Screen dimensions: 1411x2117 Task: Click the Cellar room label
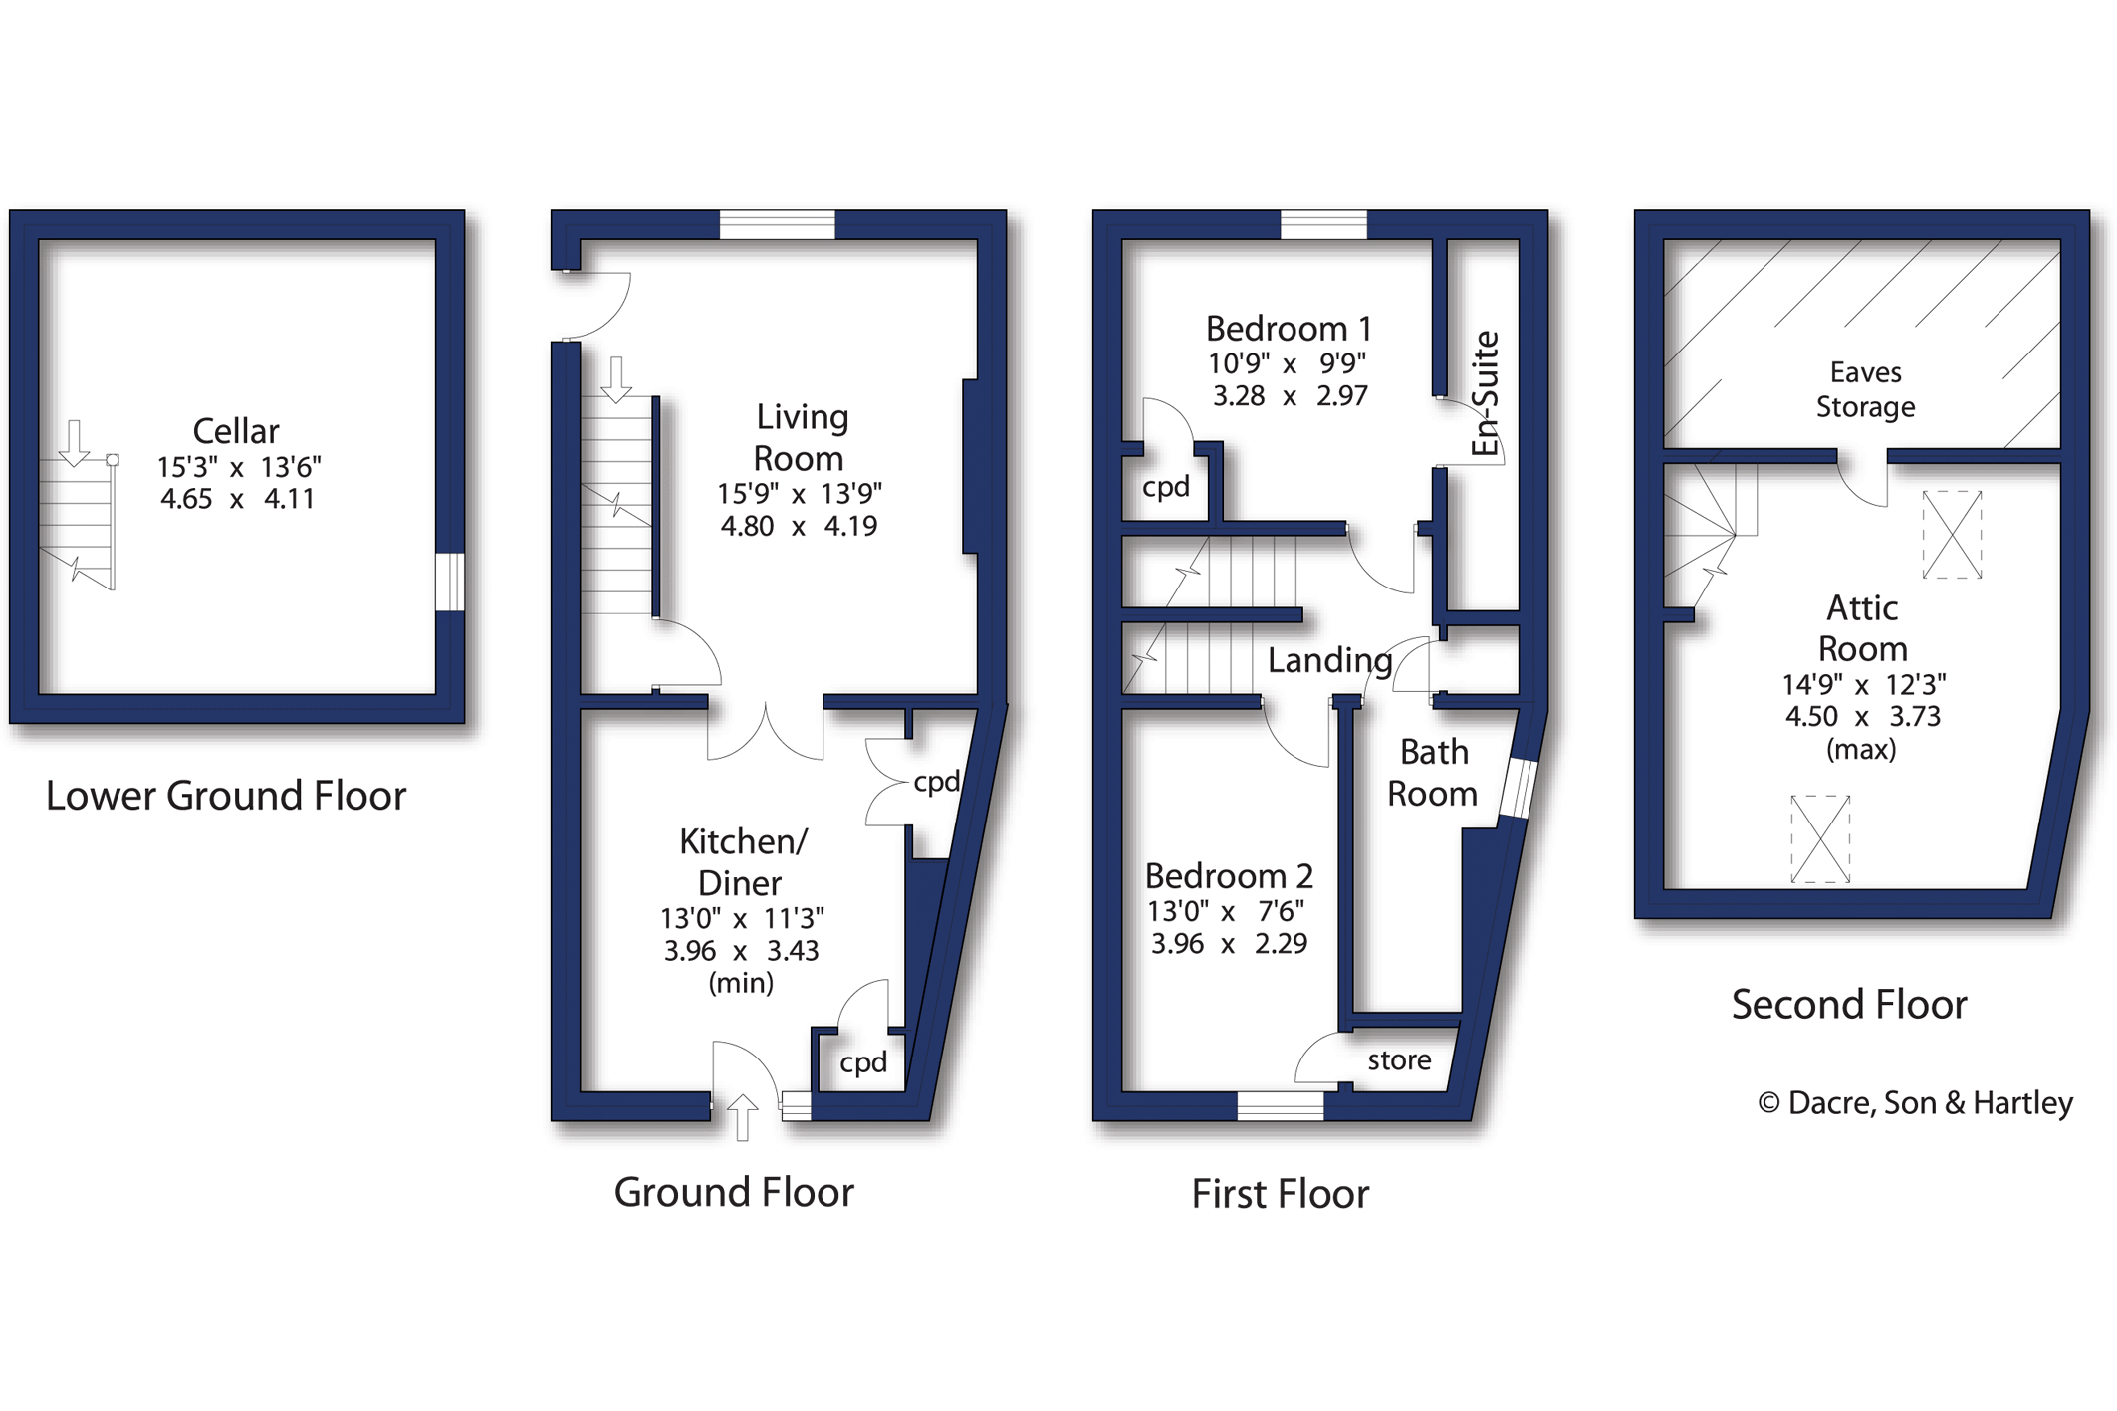(235, 431)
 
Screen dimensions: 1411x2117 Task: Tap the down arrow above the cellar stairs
(74, 443)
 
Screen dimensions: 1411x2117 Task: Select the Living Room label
(800, 437)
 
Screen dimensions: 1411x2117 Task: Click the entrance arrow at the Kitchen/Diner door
(742, 1116)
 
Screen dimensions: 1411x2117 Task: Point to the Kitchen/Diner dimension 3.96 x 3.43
(741, 951)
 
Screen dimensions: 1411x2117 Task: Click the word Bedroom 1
(1289, 329)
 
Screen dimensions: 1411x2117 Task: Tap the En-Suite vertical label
(1485, 393)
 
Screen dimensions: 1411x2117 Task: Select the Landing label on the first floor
(1329, 660)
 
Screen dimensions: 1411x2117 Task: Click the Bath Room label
(1433, 773)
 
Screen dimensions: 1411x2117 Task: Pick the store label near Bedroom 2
(1399, 1060)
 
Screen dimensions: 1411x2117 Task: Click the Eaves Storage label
(1865, 389)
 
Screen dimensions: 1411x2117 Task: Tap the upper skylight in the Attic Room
(1952, 534)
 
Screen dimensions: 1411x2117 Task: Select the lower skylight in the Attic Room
(1820, 838)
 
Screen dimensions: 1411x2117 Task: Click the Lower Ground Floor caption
(226, 796)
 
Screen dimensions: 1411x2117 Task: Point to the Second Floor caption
(1849, 1004)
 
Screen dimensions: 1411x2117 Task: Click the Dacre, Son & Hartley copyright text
(1915, 1103)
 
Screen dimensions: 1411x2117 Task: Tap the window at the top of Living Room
(777, 225)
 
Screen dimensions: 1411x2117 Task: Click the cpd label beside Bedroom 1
(1165, 487)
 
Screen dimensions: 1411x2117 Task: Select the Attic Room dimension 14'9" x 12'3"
(1863, 684)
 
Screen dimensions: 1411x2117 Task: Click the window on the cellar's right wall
(450, 582)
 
